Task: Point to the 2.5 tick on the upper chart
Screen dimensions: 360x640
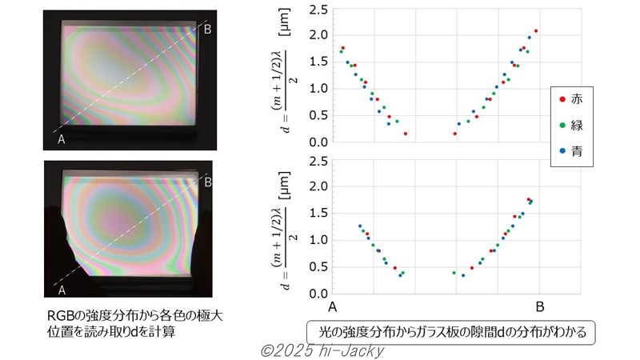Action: click(318, 10)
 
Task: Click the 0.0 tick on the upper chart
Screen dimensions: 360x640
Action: click(318, 142)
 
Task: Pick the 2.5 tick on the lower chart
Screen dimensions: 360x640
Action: click(318, 161)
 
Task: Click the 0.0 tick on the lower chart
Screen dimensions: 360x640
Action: click(318, 293)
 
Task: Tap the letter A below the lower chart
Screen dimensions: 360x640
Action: click(333, 306)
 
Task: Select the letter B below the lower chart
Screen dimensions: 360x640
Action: click(540, 306)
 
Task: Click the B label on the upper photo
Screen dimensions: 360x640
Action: click(207, 30)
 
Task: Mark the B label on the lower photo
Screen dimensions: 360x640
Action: click(207, 182)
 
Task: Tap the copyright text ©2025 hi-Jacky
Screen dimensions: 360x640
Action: click(324, 350)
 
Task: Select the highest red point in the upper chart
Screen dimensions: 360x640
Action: click(536, 31)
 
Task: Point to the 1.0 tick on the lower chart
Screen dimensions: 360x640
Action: click(318, 240)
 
